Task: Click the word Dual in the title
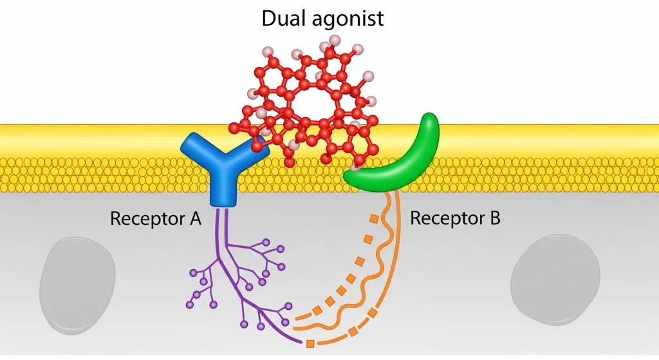click(x=281, y=17)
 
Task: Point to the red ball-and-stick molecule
click(x=309, y=103)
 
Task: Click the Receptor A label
click(x=156, y=218)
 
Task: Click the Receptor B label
click(x=455, y=218)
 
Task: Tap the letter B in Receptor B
click(x=494, y=218)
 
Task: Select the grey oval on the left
click(x=77, y=278)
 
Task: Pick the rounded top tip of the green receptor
click(x=430, y=122)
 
